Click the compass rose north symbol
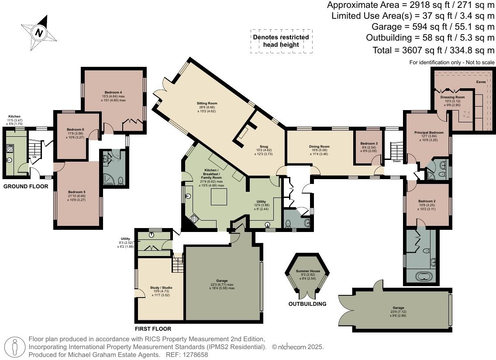click(40, 33)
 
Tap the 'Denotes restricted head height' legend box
click(281, 41)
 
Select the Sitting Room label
click(207, 104)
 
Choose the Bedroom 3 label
click(369, 144)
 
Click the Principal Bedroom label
click(428, 132)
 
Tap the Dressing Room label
click(452, 97)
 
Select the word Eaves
click(481, 81)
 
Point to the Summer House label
click(308, 271)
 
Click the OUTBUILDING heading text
click(307, 304)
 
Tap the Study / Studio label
click(161, 287)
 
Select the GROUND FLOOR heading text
click(25, 187)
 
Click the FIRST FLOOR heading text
click(153, 329)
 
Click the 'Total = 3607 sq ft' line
click(433, 50)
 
